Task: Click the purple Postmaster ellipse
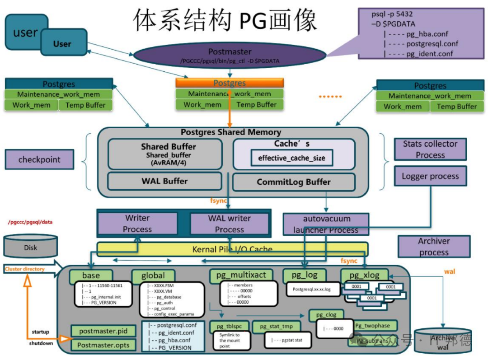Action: pos(230,56)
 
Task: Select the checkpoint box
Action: pos(39,160)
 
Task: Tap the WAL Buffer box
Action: pos(164,181)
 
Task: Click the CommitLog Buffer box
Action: pos(294,182)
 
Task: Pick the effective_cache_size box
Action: pos(291,158)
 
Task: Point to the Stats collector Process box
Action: pos(430,150)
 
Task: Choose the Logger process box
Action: pos(430,176)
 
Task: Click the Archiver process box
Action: pos(433,247)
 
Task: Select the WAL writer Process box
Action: pos(229,224)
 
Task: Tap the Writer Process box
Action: pos(137,224)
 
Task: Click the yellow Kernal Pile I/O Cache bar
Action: pos(232,249)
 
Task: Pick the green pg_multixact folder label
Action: pos(241,275)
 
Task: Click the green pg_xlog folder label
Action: pos(364,275)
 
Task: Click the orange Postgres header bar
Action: pos(230,83)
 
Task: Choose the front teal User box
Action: pos(63,43)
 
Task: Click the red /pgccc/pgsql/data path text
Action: pos(31,222)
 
